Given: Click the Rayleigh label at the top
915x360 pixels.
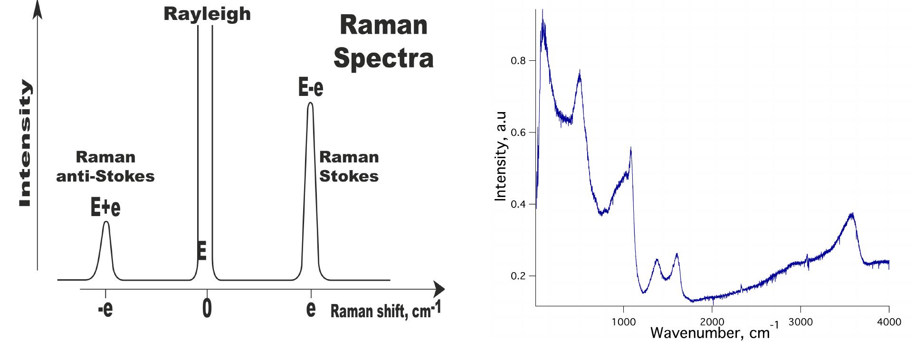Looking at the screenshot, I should (207, 14).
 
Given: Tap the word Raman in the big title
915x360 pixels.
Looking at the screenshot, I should (384, 25).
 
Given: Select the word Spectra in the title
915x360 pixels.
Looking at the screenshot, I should (383, 58).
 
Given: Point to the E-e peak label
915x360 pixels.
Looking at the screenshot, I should (311, 88).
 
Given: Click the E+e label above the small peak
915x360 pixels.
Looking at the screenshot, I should (105, 208).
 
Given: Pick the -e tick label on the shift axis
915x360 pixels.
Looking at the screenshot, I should (105, 309).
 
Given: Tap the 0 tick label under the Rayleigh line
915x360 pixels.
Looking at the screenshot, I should (207, 309).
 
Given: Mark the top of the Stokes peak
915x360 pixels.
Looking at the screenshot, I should (310, 103).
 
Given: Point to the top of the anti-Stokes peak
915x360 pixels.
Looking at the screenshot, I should (106, 222).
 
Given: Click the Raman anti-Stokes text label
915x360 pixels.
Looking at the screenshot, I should (105, 167).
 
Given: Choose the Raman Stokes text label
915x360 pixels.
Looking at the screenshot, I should (349, 167).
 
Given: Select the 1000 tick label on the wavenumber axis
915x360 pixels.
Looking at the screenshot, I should (623, 322).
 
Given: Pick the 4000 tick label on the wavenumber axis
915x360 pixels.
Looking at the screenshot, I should (888, 322).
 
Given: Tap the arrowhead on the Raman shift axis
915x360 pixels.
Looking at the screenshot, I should (439, 289).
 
